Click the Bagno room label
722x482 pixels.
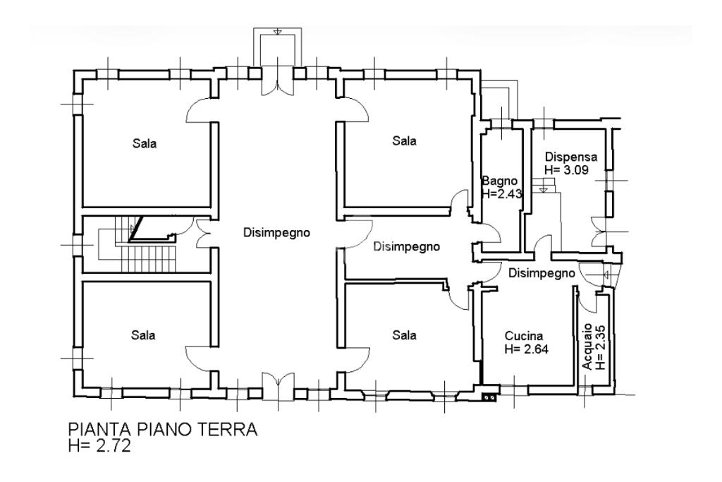(x=500, y=181)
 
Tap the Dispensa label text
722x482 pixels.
(x=571, y=157)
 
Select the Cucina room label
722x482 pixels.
(x=524, y=336)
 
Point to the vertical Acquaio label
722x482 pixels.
(x=587, y=347)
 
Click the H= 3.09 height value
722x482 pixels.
(x=566, y=169)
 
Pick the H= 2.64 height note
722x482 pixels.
(x=526, y=349)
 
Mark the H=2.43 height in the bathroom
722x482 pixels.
(x=502, y=194)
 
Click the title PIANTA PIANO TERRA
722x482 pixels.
(x=163, y=430)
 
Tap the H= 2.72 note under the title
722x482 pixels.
(x=99, y=446)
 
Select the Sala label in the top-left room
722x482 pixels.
(x=145, y=143)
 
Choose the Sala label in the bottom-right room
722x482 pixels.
(x=404, y=335)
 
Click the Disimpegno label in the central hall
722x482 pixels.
(x=276, y=233)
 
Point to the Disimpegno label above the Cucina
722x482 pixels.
(x=541, y=273)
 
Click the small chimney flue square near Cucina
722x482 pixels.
(x=489, y=397)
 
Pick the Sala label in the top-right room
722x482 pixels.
(x=404, y=140)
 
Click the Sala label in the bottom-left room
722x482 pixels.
(x=143, y=335)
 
